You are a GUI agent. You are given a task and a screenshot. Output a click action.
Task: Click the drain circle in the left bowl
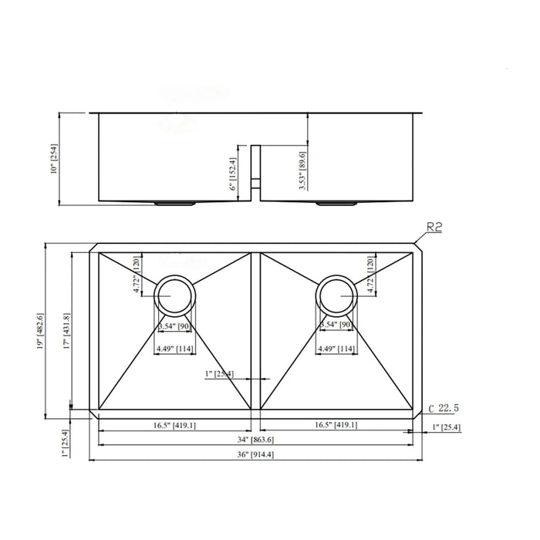[x=175, y=293]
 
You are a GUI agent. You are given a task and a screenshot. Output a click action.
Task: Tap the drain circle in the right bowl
[x=336, y=293]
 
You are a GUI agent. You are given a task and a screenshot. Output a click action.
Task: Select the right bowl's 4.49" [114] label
[x=336, y=348]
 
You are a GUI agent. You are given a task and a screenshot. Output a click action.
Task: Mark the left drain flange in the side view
[x=174, y=204]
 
